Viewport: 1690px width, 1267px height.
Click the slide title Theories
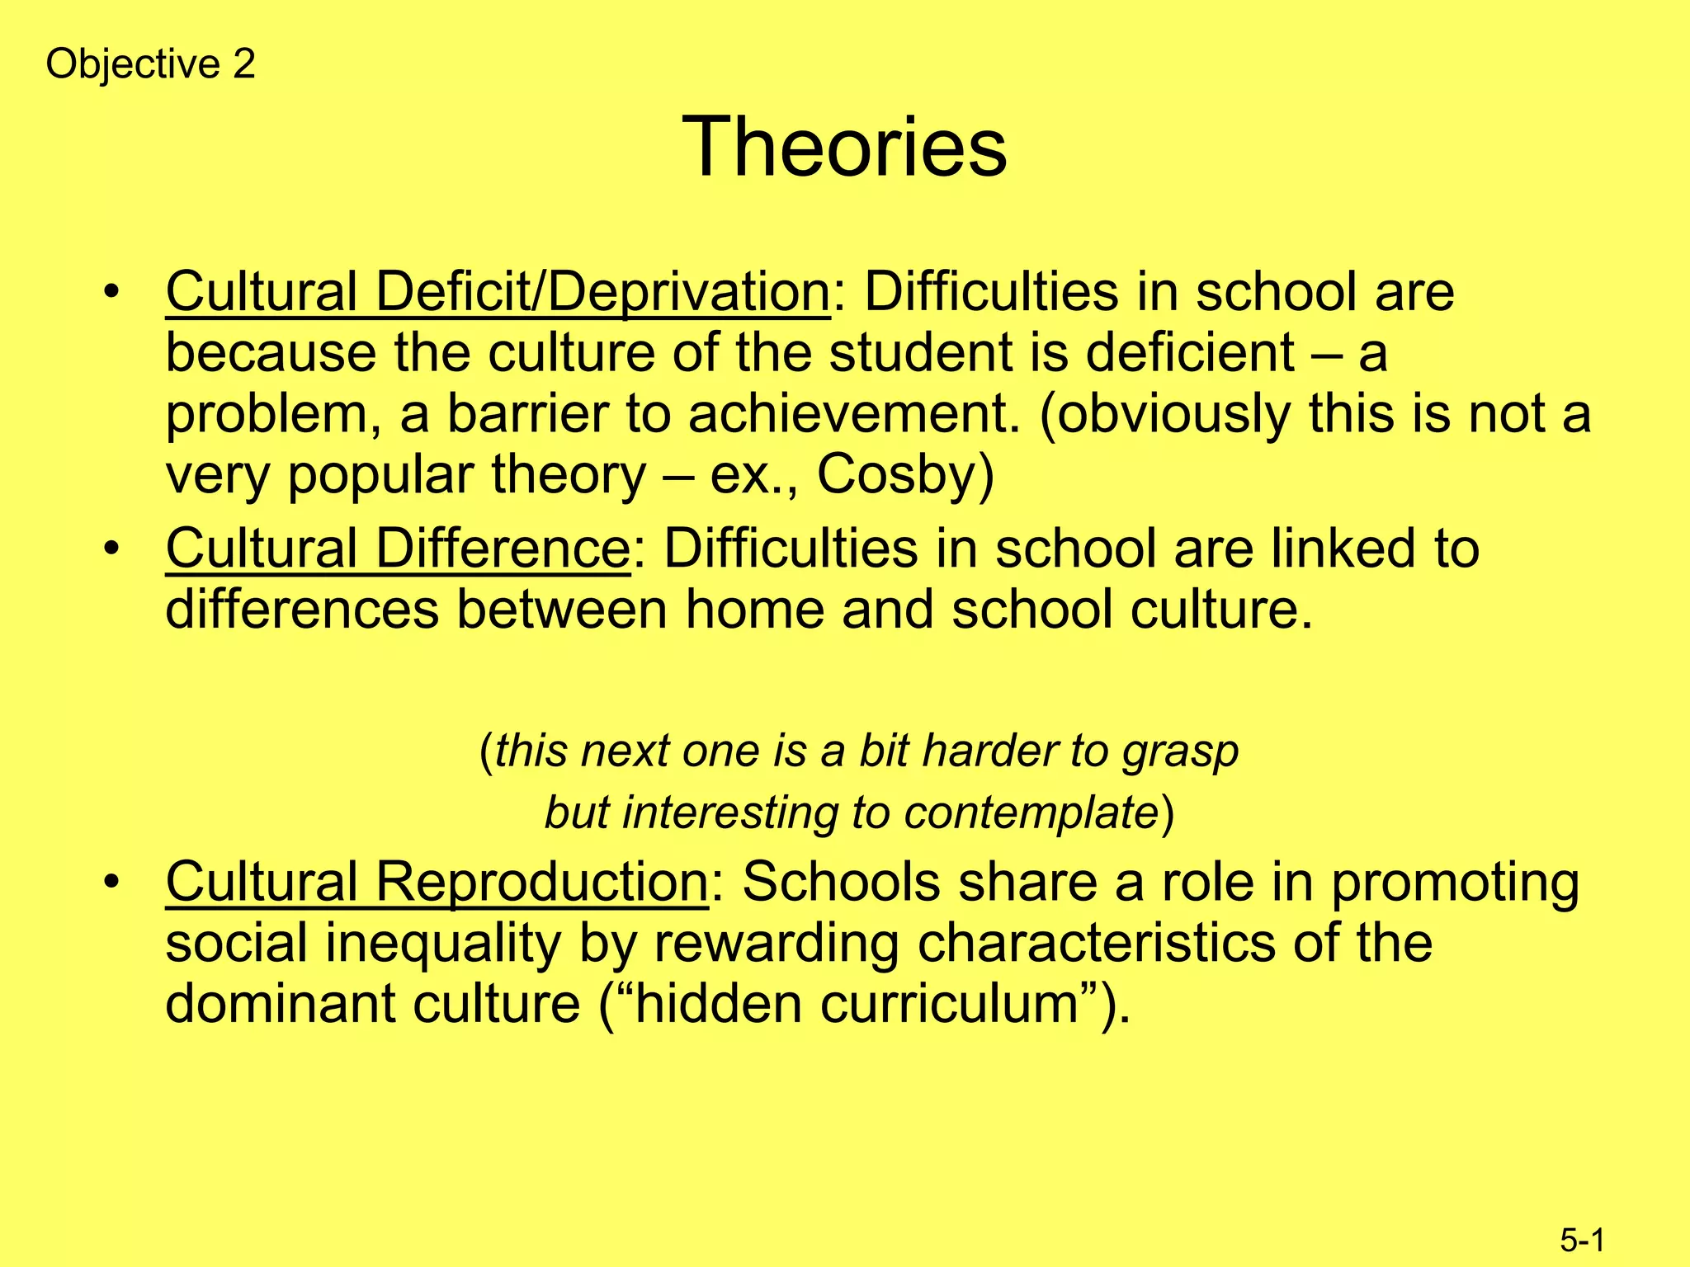[844, 147]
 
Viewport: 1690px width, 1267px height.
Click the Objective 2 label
[150, 64]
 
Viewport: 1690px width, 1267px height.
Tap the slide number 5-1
[1582, 1240]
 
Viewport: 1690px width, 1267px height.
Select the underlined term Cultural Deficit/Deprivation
[498, 292]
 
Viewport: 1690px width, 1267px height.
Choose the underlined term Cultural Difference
[398, 549]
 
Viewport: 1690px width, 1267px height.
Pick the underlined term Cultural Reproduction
[437, 882]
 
